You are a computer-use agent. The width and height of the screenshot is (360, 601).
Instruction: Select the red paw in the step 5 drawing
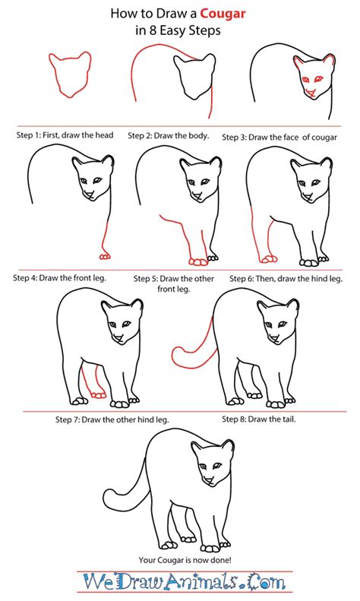click(199, 261)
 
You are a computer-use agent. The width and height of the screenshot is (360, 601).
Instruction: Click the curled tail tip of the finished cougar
click(109, 501)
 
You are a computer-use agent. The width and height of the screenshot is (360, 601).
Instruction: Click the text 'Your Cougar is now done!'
click(180, 561)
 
